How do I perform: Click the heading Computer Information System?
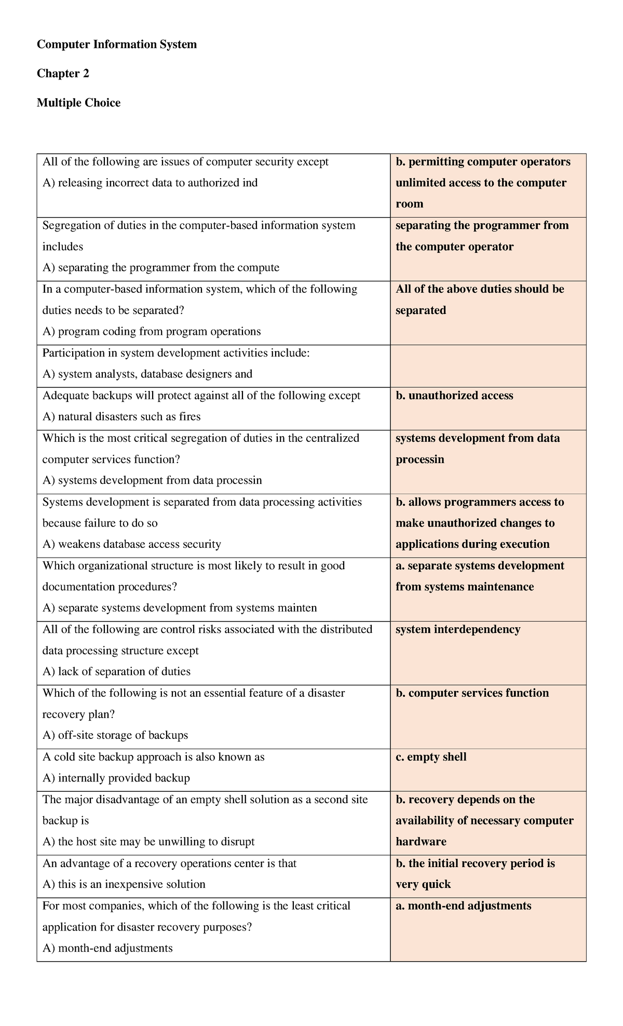[117, 45]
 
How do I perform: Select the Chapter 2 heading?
[63, 74]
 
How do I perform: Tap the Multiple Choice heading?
[78, 103]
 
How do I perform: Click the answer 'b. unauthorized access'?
[454, 396]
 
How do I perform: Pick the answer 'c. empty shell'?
[431, 757]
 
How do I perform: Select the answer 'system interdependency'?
[458, 629]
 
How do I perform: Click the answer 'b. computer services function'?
[472, 693]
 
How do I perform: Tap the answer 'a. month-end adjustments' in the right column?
[464, 906]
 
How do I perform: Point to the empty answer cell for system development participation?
[488, 366]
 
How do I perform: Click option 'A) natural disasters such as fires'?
[121, 417]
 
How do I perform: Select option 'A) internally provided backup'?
[116, 778]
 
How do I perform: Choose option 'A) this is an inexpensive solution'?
[124, 884]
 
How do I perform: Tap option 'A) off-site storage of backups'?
[115, 735]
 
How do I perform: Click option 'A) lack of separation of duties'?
[116, 672]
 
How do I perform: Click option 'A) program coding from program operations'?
[152, 332]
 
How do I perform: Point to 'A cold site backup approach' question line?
[154, 757]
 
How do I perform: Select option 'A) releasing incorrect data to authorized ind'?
[150, 183]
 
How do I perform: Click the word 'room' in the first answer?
[410, 204]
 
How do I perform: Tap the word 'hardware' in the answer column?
[421, 842]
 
